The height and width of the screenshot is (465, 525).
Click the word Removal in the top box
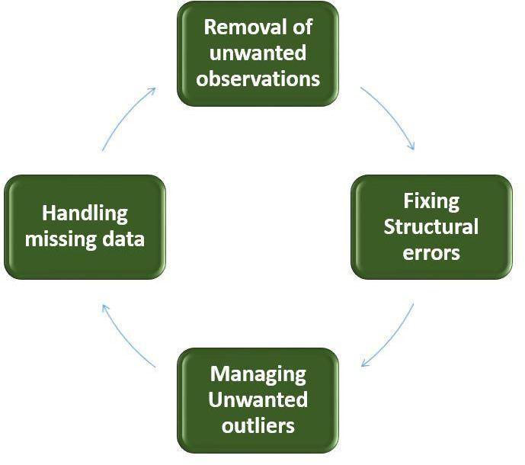tap(244, 28)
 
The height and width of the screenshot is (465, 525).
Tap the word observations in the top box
tap(258, 78)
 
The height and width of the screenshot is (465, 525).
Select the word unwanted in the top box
tap(258, 53)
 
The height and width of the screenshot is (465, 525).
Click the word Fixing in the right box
tap(431, 201)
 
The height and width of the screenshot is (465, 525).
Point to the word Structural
tap(431, 226)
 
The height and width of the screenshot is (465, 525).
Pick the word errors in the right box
tap(431, 252)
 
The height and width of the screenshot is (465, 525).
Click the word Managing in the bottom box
tap(258, 374)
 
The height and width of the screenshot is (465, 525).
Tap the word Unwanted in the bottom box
tap(258, 399)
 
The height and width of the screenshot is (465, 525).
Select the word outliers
tap(258, 425)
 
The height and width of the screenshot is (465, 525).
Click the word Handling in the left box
tap(85, 213)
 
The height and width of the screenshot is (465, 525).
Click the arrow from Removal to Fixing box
tap(390, 116)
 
